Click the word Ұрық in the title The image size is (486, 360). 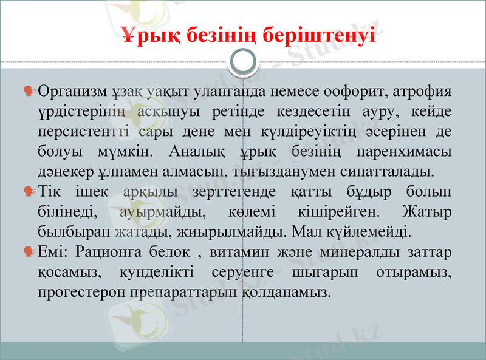[143, 35]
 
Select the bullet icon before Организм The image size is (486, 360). [29, 92]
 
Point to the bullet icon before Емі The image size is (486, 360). [29, 251]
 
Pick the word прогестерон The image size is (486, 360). [81, 291]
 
